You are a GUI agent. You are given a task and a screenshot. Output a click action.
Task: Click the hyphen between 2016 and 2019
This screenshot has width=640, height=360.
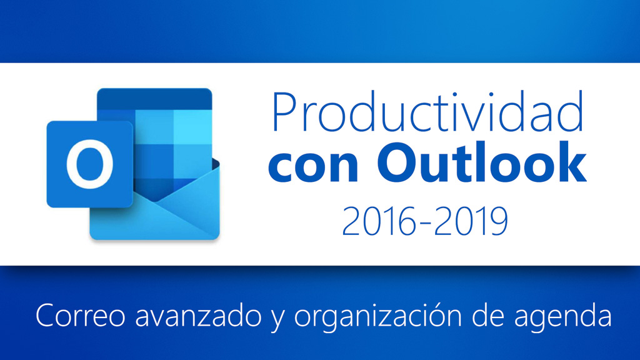[x=425, y=224]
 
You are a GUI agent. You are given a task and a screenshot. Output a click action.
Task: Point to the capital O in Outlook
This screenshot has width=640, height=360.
[x=399, y=164]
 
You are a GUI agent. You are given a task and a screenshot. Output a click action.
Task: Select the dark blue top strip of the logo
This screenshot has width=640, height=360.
[x=154, y=99]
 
